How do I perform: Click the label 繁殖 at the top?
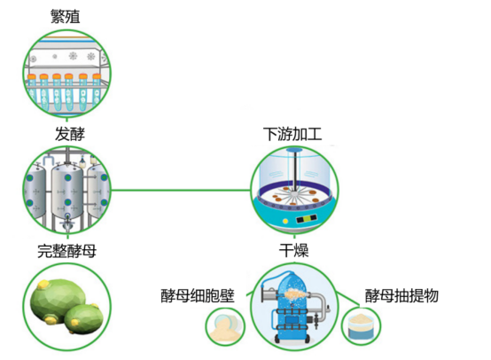(x=65, y=16)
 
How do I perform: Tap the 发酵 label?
(x=70, y=134)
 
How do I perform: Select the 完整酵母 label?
(x=66, y=251)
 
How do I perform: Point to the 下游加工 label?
(x=292, y=134)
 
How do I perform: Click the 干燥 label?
(x=293, y=250)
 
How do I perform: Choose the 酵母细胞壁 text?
(x=198, y=296)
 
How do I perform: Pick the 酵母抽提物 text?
(x=401, y=296)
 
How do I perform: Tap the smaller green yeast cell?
(x=84, y=319)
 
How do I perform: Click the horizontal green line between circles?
(x=181, y=190)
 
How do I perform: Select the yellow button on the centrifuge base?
(x=285, y=221)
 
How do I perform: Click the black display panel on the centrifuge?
(x=307, y=218)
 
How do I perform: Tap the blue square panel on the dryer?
(x=292, y=320)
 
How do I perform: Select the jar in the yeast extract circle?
(x=361, y=326)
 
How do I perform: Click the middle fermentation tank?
(x=67, y=192)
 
